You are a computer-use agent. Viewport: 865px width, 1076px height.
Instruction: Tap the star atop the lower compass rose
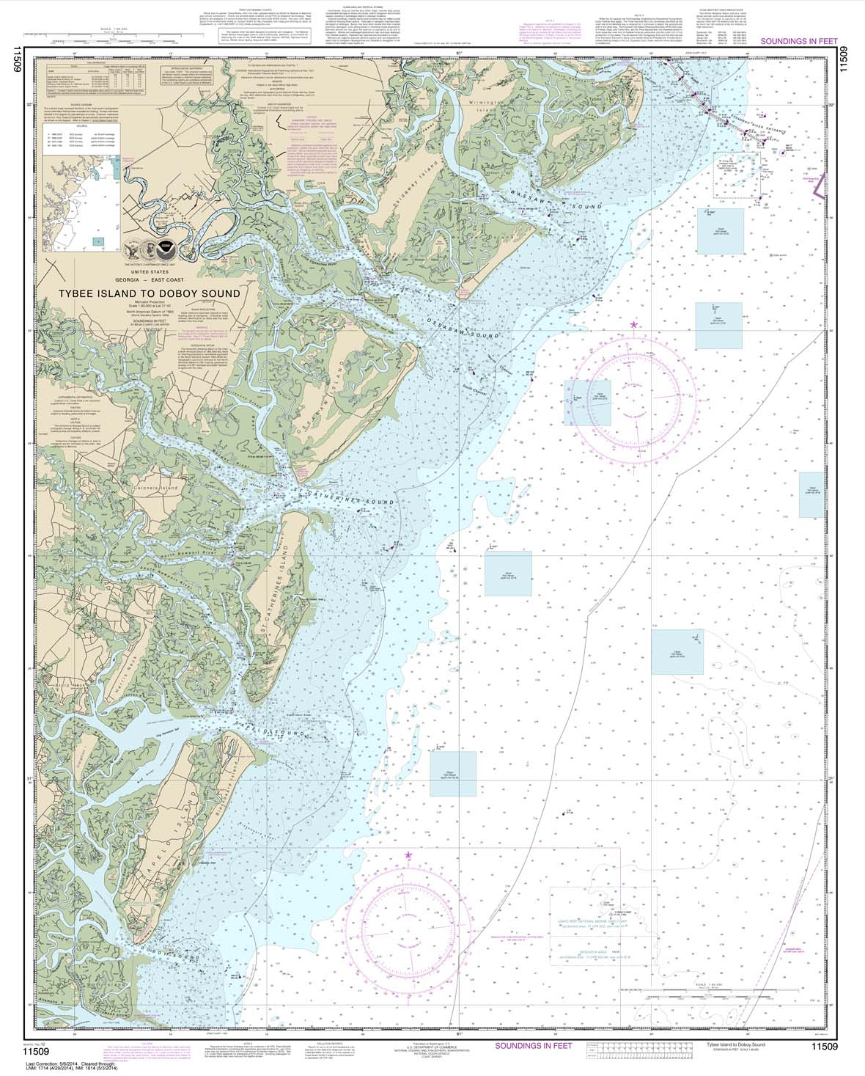408,854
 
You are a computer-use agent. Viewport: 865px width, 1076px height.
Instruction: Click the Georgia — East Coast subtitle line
154,279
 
